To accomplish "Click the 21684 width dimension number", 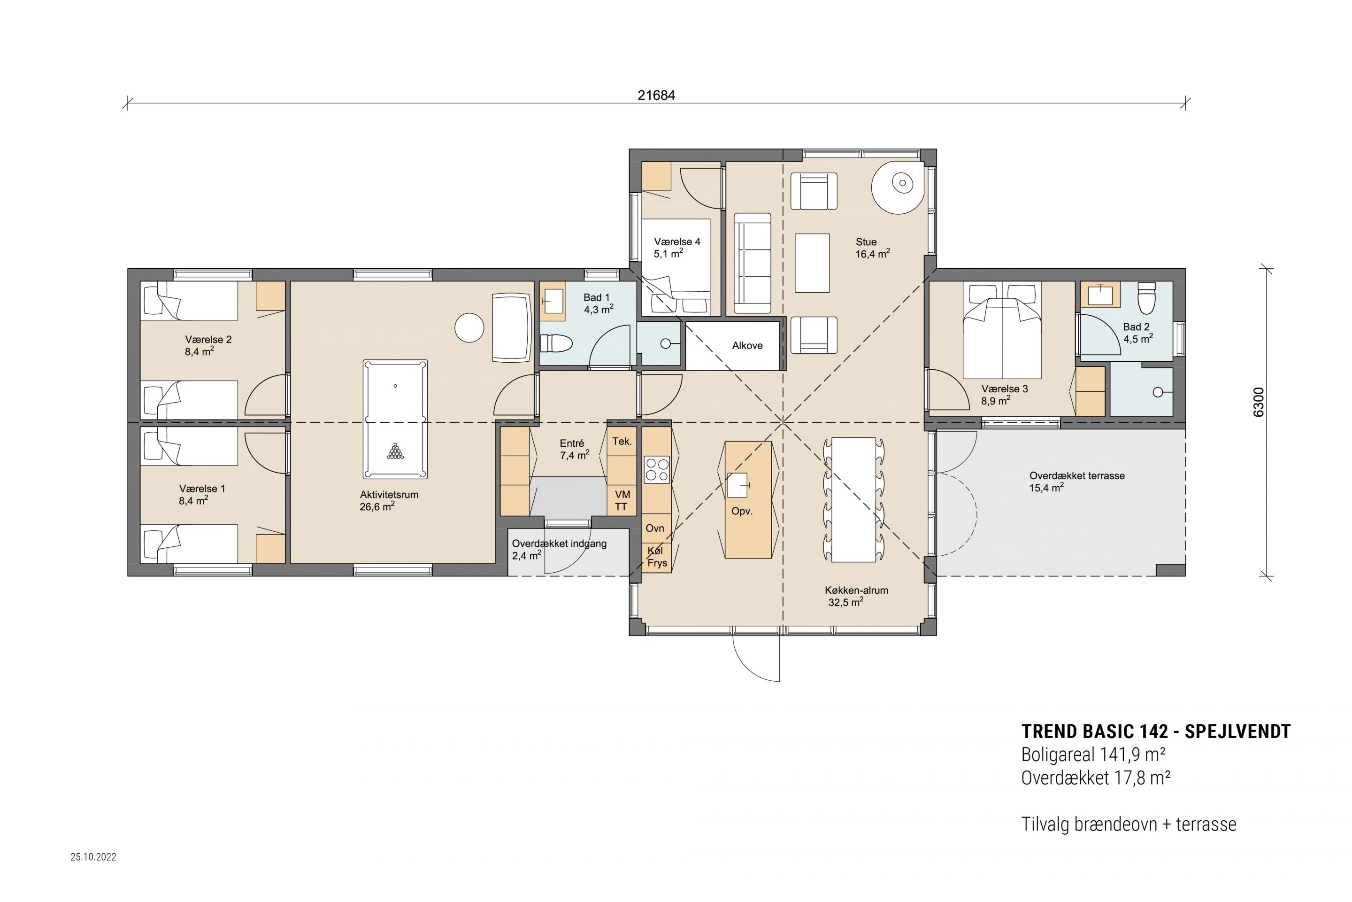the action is [656, 95].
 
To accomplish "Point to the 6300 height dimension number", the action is [1258, 402].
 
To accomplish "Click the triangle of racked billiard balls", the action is [395, 451].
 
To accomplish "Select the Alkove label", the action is [747, 346].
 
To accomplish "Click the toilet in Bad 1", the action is [556, 343].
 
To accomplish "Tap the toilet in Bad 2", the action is [1146, 298].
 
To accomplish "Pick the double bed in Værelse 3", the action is [1002, 330].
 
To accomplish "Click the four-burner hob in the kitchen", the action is [657, 469].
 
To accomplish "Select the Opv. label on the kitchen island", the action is [742, 511].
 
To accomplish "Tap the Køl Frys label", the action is [657, 557].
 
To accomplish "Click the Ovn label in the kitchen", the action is [655, 528].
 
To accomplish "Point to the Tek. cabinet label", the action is [622, 441].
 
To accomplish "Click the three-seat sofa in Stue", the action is [752, 264].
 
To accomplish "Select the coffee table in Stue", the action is [812, 263].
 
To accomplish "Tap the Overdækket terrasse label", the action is [1076, 476].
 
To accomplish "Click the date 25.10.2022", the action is [94, 856].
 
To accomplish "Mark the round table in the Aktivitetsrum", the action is [469, 327].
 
